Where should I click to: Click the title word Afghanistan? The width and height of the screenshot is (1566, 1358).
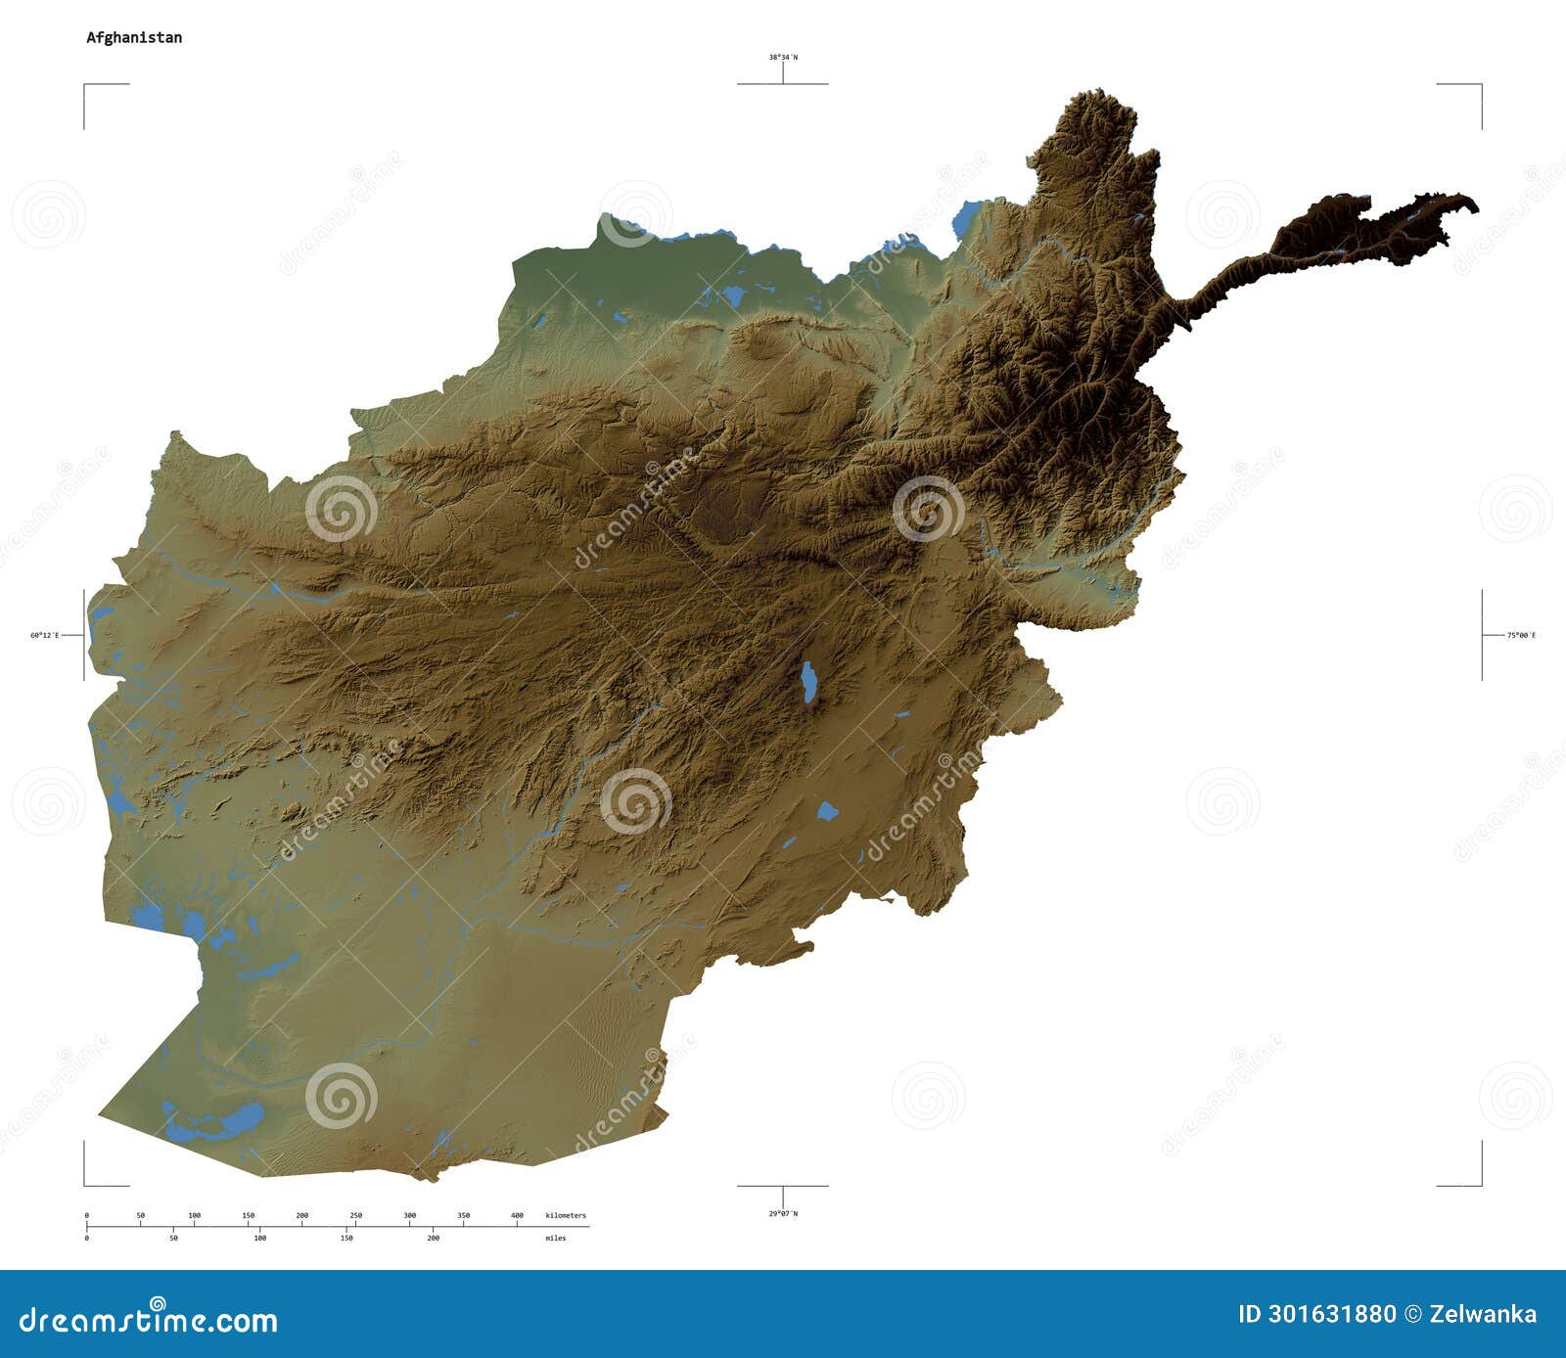coord(133,38)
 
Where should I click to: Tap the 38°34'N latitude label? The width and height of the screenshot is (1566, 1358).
coord(782,57)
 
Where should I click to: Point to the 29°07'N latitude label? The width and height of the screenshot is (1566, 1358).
coord(782,1213)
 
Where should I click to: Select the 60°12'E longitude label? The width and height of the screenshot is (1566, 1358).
coord(44,635)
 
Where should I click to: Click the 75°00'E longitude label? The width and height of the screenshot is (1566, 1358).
coord(1521,635)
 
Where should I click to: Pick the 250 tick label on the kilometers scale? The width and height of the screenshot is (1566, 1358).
coord(356,1215)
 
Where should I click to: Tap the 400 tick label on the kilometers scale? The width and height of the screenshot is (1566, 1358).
coord(518,1215)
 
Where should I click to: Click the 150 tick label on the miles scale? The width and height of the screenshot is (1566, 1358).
coord(346,1238)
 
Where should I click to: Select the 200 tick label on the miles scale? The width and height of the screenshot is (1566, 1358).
coord(433,1238)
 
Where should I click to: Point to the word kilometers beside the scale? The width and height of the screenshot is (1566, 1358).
coord(566,1215)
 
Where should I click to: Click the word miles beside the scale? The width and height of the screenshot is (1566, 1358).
coord(556,1238)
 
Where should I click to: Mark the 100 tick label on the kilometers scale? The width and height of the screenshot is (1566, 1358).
coord(195,1215)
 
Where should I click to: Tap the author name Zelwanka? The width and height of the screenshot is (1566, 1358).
coord(1483,1314)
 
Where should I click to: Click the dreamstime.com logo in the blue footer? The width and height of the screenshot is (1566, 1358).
coord(149,1319)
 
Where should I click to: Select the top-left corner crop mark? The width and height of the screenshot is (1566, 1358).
coord(85,86)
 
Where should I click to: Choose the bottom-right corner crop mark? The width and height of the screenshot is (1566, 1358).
coord(1480,1184)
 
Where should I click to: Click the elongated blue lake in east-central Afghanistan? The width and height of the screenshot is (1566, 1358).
coord(808,682)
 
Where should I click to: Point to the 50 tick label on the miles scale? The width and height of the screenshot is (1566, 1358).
coord(173,1238)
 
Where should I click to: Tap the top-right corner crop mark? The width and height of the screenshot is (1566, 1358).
coord(1480,86)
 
